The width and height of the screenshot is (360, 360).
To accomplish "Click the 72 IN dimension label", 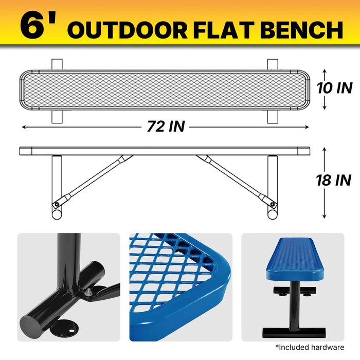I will (166, 127).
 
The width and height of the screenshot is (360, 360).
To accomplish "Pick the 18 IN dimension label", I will (334, 180).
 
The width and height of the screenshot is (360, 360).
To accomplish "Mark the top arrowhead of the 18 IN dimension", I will (324, 150).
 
